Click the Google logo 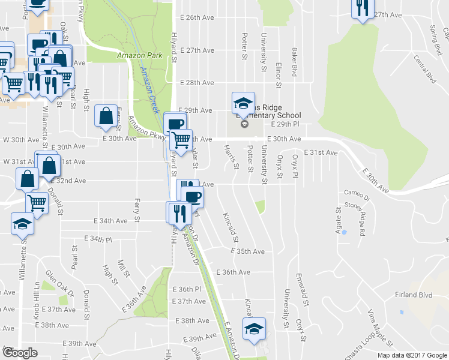click(20, 353)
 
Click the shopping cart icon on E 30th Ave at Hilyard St click(181, 140)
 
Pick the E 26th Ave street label click(200, 18)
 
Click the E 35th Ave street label click(251, 251)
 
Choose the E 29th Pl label click(285, 124)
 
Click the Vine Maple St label click(380, 328)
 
